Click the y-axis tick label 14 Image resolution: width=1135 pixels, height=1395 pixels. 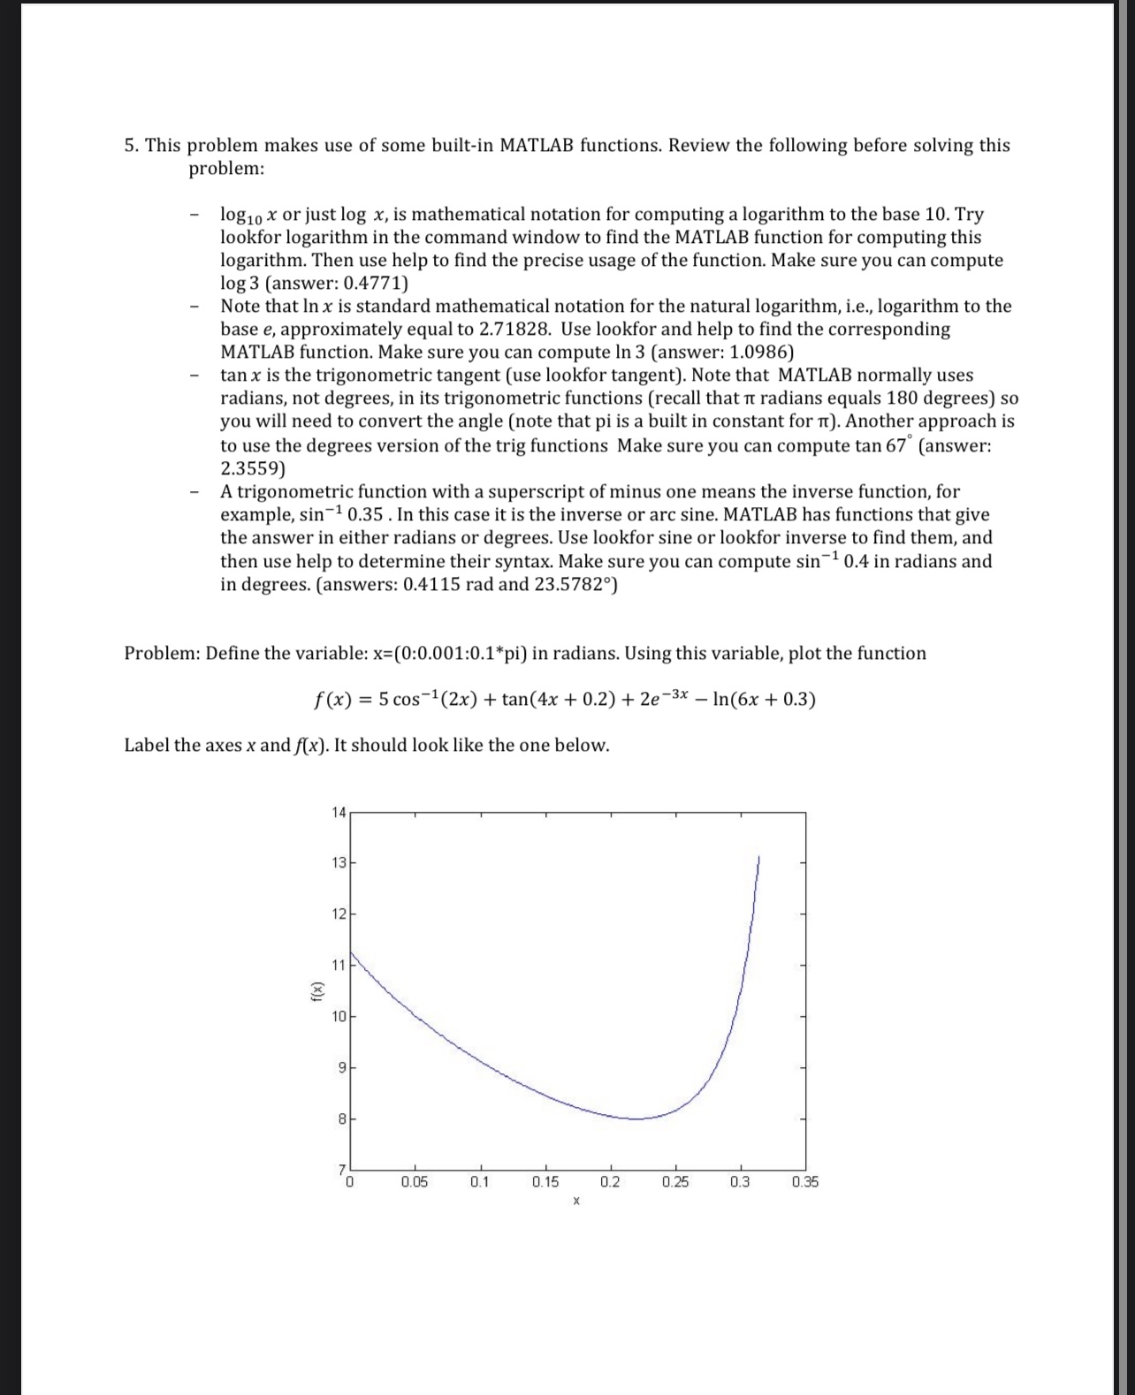[x=339, y=812]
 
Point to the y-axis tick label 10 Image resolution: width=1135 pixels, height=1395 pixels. [x=339, y=1016]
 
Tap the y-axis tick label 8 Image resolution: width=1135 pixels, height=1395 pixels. [x=340, y=1118]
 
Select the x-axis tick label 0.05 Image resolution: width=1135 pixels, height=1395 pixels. [x=414, y=1182]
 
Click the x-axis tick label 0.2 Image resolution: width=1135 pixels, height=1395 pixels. [x=610, y=1182]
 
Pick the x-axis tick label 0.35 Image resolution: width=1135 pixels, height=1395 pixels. [x=805, y=1182]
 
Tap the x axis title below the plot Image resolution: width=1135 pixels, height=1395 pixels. [x=575, y=1202]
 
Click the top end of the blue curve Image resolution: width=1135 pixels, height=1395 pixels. [x=758, y=856]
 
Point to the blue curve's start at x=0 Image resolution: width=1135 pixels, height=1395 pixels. [x=351, y=951]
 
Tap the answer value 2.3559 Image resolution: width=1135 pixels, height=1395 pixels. [x=250, y=468]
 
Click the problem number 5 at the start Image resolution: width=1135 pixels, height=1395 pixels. [x=130, y=145]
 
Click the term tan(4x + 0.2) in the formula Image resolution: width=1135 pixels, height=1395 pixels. [x=559, y=700]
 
